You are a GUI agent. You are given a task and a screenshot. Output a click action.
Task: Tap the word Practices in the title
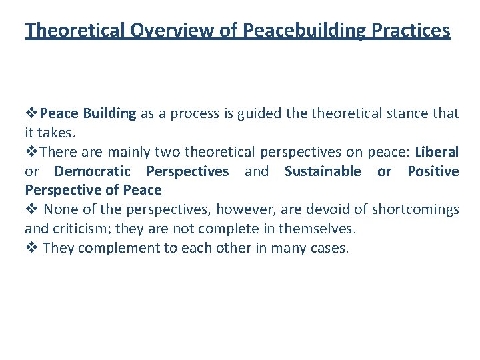[x=413, y=31]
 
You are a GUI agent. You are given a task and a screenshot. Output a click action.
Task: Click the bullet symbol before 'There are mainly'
[x=30, y=152]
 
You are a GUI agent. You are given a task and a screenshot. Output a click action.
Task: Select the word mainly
[x=121, y=152]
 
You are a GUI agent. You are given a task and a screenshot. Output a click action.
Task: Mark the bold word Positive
[x=433, y=171]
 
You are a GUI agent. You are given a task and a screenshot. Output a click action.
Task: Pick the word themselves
[x=322, y=229]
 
